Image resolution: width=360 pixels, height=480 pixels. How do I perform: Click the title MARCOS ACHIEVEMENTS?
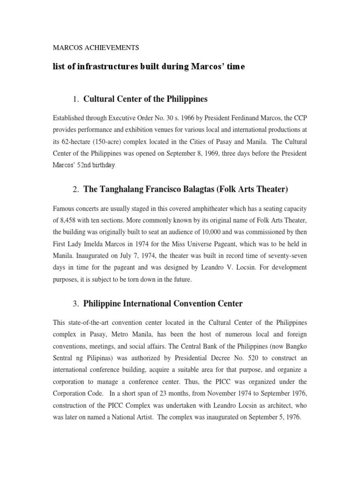96,47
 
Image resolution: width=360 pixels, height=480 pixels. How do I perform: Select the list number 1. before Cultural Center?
76,99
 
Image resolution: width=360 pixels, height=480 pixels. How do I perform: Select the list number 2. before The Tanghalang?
76,189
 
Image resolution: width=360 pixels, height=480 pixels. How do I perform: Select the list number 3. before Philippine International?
76,304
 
